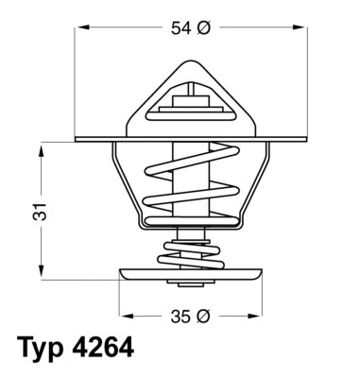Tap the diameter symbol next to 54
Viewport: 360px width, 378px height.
pyautogui.click(x=203, y=29)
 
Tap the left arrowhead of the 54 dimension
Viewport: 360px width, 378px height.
pyautogui.click(x=80, y=29)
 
